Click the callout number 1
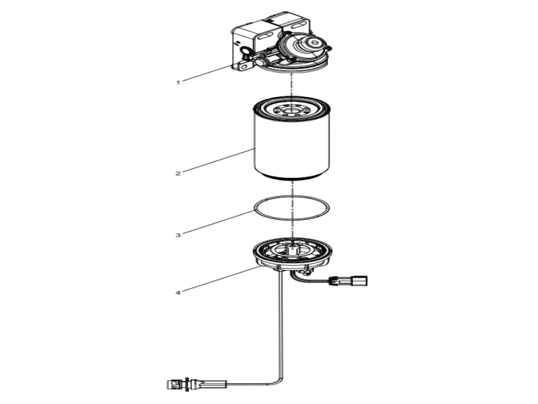[178, 82]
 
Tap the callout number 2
[178, 174]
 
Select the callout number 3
[178, 236]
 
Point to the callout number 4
[178, 293]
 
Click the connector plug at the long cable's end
[174, 385]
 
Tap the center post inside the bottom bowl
[292, 249]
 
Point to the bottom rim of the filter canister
[292, 179]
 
